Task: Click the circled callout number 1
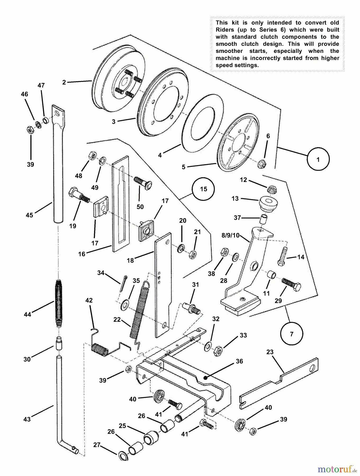[318, 159]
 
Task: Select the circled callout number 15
[203, 189]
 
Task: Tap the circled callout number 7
[291, 334]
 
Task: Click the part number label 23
[270, 352]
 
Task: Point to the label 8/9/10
[230, 235]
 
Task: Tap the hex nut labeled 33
[218, 351]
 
